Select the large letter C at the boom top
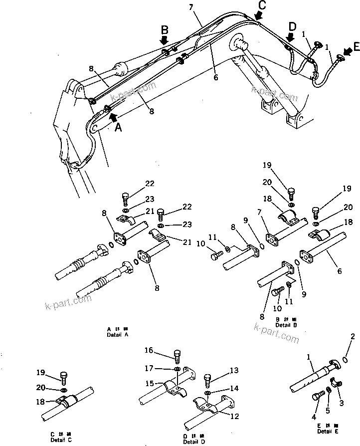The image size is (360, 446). coord(261,6)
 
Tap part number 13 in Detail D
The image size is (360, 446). coord(234,370)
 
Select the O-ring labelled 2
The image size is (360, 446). coord(347,359)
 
